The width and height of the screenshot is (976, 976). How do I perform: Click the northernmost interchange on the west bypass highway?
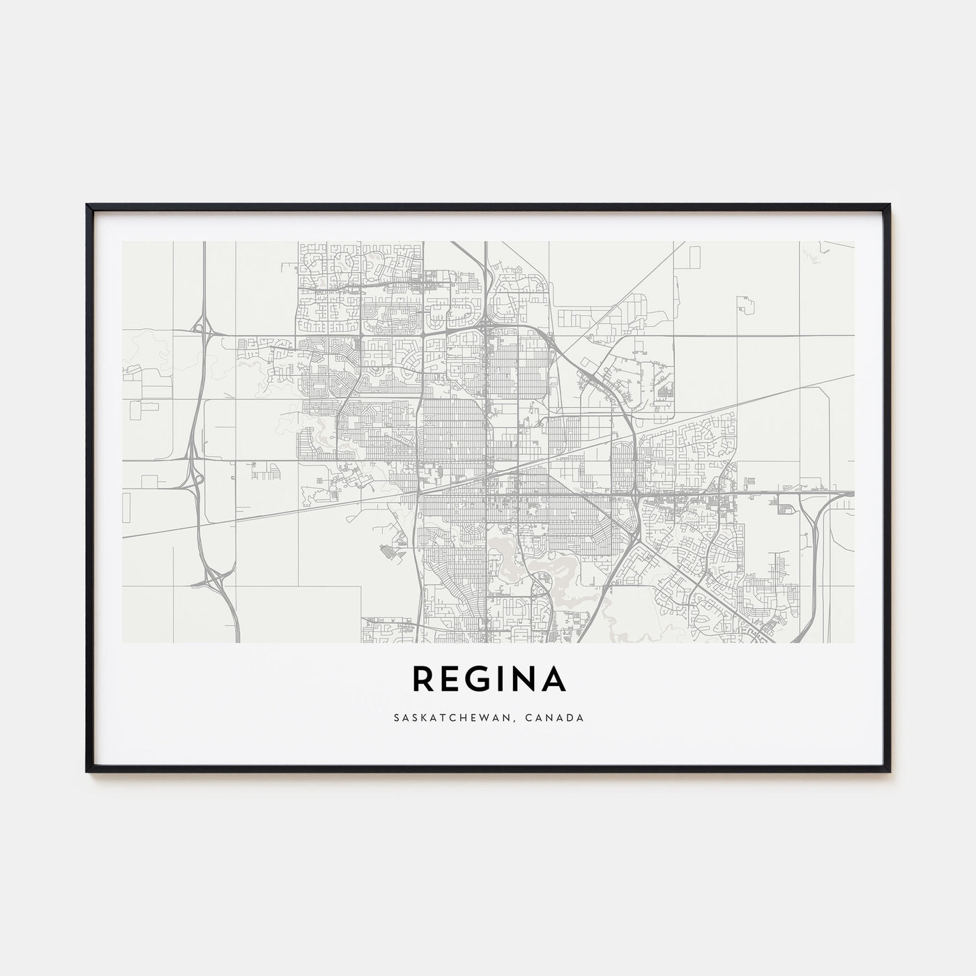(x=202, y=326)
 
